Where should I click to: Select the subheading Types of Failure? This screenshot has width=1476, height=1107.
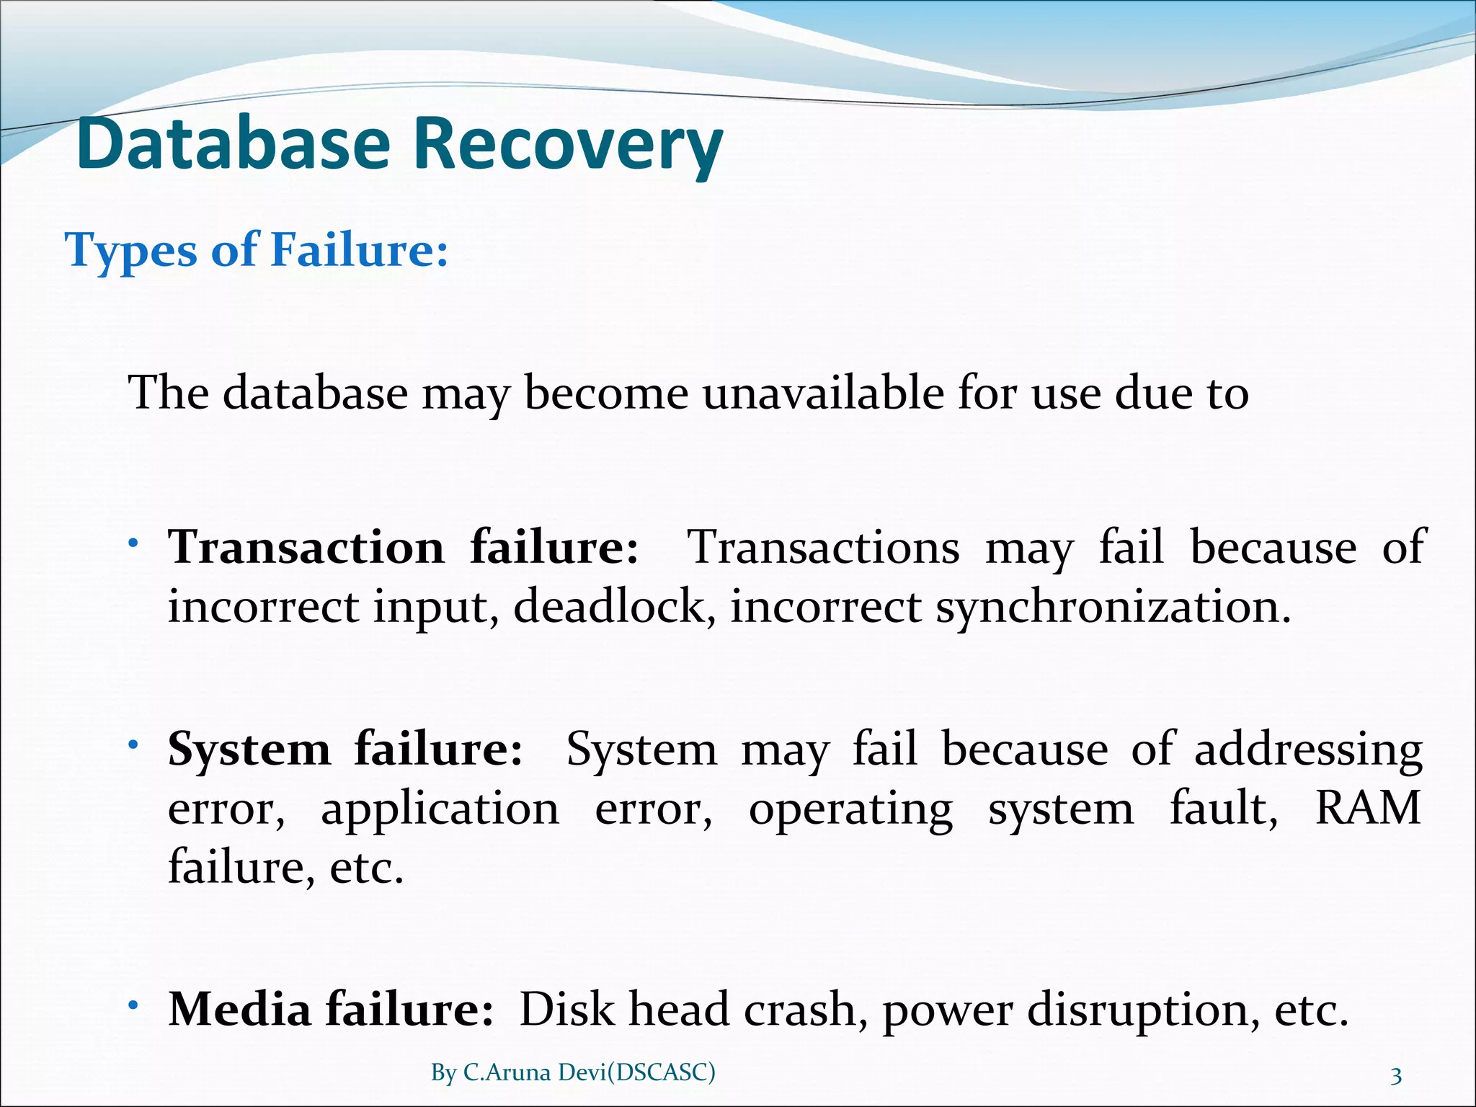pyautogui.click(x=257, y=250)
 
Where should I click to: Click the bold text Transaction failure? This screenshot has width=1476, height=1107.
pyautogui.click(x=403, y=547)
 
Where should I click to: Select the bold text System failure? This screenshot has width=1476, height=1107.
pyautogui.click(x=344, y=749)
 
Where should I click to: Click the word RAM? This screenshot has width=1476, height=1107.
pyautogui.click(x=1367, y=808)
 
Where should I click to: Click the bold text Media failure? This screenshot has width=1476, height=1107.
pyautogui.click(x=331, y=1009)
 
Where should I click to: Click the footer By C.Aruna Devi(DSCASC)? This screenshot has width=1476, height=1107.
pyautogui.click(x=573, y=1072)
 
